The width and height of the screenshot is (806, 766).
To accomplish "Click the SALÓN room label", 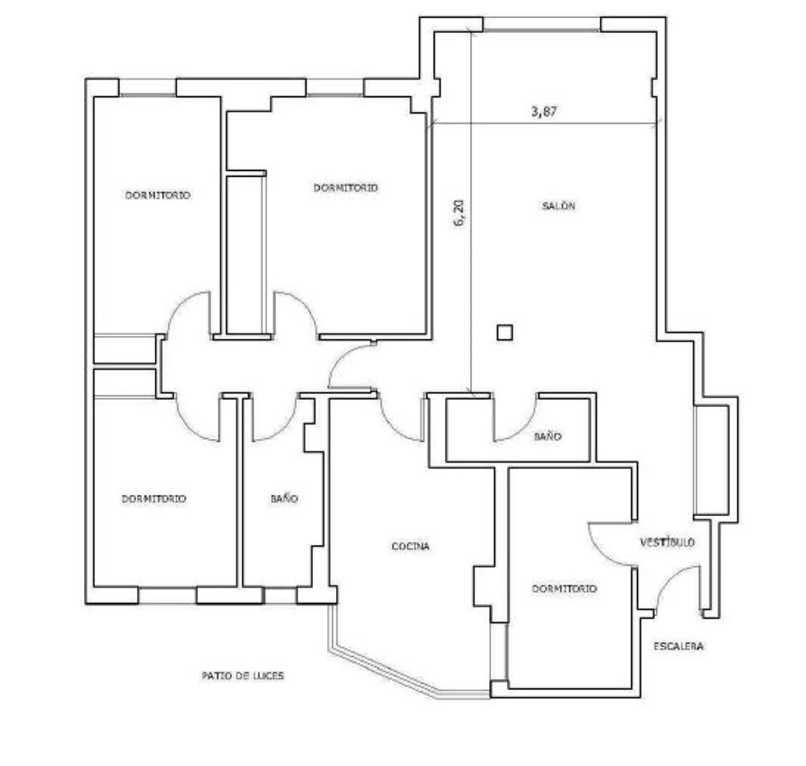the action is click(x=558, y=206).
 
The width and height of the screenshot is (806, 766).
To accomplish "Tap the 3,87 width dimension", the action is click(x=544, y=112).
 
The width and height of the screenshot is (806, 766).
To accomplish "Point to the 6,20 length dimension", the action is click(x=459, y=213).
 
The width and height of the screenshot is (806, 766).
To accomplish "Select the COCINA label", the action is click(x=411, y=546).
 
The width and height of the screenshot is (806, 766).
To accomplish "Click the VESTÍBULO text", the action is click(x=667, y=542).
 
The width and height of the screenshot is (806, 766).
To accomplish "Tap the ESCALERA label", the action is click(x=679, y=646).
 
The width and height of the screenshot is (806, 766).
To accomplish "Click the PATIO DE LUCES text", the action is click(x=243, y=675).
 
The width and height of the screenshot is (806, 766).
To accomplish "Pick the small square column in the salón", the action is click(x=505, y=333).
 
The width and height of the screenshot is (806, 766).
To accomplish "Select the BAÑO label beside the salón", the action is click(x=548, y=436).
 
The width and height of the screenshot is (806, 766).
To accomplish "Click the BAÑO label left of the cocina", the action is click(x=284, y=498).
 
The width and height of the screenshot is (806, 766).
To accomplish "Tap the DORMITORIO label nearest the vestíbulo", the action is click(x=564, y=589).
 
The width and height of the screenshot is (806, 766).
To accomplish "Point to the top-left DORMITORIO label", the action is click(x=157, y=195).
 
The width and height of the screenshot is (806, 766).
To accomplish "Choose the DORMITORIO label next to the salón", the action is click(x=346, y=187).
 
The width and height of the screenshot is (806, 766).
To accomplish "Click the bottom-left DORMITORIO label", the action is click(x=154, y=499).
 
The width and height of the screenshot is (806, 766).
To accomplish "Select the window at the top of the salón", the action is click(x=542, y=24).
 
